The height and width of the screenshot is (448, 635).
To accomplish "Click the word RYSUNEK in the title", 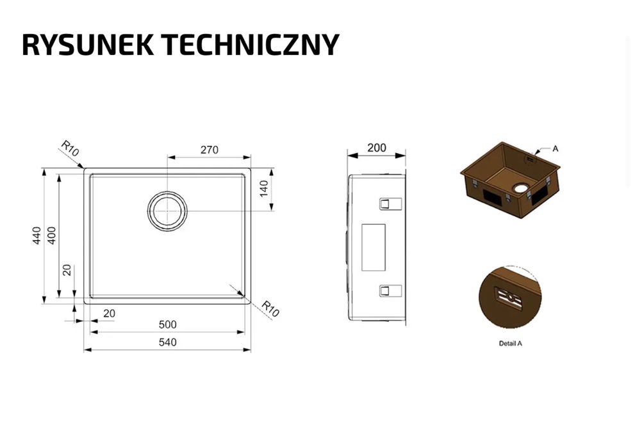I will pyautogui.click(x=87, y=45).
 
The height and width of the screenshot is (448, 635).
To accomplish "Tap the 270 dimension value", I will pyautogui.click(x=210, y=150).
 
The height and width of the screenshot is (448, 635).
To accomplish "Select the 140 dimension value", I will pyautogui.click(x=263, y=189).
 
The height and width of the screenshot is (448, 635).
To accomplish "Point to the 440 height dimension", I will pyautogui.click(x=37, y=236).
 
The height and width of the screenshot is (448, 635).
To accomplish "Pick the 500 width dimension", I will pyautogui.click(x=167, y=324).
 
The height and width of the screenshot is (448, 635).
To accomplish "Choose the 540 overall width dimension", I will pyautogui.click(x=167, y=342).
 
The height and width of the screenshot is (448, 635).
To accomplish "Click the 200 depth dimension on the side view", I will pyautogui.click(x=377, y=148).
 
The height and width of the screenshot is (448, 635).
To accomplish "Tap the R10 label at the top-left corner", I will pyautogui.click(x=69, y=150).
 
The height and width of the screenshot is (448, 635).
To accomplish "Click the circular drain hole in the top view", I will pyautogui.click(x=168, y=210).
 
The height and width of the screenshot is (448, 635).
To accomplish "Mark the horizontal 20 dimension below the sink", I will pyautogui.click(x=110, y=313).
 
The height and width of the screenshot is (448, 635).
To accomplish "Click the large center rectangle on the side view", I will pyautogui.click(x=373, y=246).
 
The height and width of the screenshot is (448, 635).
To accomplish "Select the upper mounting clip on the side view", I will pyautogui.click(x=390, y=203).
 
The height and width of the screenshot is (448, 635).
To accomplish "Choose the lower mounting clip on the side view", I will pyautogui.click(x=390, y=291).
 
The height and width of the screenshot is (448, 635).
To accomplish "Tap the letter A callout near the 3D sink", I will pyautogui.click(x=556, y=148).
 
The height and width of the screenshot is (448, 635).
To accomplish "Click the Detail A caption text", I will pyautogui.click(x=511, y=344).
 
